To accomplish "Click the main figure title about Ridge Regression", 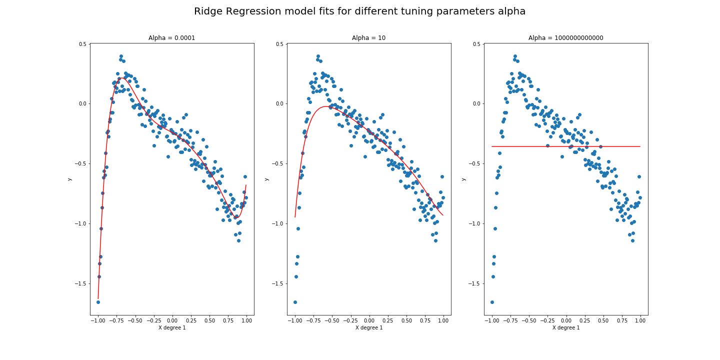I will (359, 11).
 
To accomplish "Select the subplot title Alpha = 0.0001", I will (171, 38).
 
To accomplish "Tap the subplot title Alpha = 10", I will (368, 38).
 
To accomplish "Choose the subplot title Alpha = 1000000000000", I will (565, 38).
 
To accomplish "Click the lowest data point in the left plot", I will (98, 302).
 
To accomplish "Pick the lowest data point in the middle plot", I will (295, 302).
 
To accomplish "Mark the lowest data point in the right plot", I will (492, 302).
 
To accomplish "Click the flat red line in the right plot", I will (565, 146).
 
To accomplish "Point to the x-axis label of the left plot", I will (171, 327).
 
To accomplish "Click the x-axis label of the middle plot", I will (368, 327).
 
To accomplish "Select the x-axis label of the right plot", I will (565, 327).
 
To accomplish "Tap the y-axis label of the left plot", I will (69, 179).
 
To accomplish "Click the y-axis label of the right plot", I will (463, 179).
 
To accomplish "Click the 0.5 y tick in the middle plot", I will (279, 44).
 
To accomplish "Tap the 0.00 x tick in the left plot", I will (172, 320).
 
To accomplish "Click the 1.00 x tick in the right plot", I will (640, 320).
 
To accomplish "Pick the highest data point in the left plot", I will (121, 56).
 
